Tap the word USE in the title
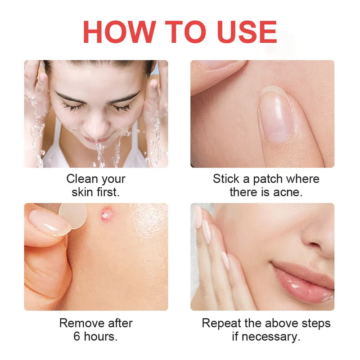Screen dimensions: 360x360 (x=243, y=32)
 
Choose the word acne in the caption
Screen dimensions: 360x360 (x=287, y=192)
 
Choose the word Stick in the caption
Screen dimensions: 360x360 (x=226, y=179)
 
